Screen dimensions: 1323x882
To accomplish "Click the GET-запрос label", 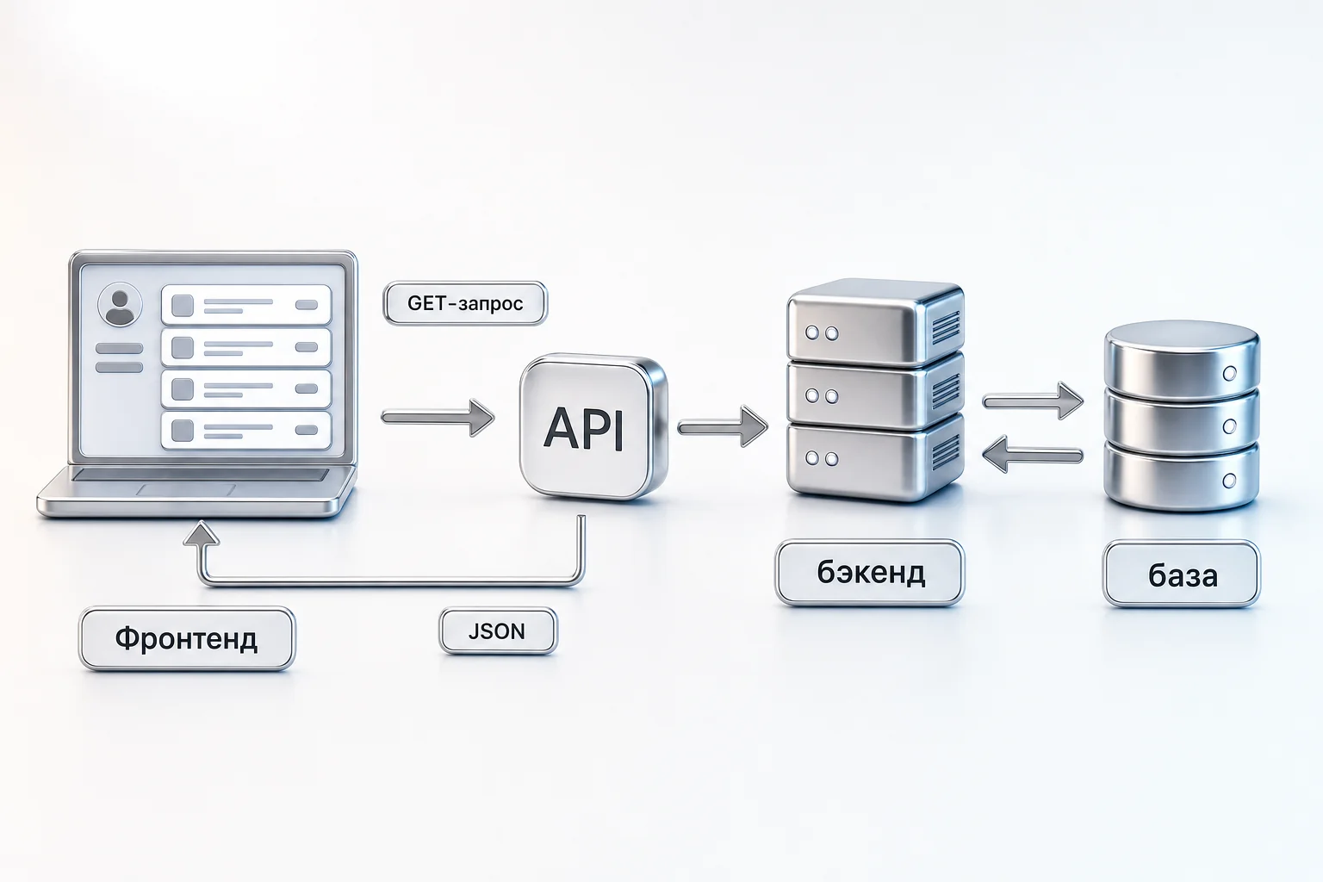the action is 465,303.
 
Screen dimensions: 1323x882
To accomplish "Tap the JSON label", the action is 498,631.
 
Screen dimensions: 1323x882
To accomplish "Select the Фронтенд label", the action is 187,638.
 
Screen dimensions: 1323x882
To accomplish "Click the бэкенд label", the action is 870,573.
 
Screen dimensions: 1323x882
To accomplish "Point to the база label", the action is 1182,575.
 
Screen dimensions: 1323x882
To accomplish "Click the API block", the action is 593,426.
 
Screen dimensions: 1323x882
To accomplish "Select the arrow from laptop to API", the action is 438,419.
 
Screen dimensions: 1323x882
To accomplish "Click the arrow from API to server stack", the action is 723,426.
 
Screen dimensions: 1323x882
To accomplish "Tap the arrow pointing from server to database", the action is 1033,401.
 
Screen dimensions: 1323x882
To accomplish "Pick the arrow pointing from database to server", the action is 1033,454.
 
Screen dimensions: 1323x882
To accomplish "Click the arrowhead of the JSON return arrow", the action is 202,533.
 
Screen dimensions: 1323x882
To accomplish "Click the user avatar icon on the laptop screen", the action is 120,304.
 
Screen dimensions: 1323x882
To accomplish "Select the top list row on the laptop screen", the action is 246,305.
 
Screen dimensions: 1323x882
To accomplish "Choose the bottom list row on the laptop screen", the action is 246,430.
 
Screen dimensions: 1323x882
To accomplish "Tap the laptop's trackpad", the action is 186,490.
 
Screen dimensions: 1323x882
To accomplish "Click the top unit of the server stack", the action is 875,322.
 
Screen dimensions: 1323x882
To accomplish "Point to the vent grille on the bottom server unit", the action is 946,452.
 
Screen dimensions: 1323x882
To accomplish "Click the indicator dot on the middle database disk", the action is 1230,426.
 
